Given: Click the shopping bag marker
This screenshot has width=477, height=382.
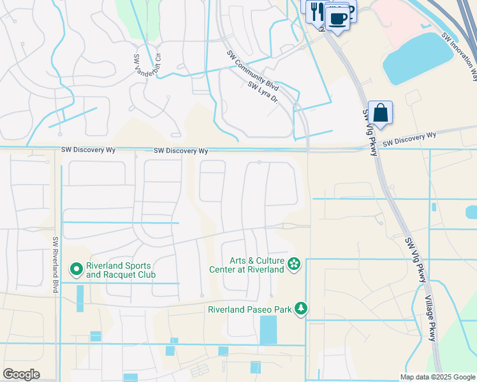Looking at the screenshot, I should coord(380,113).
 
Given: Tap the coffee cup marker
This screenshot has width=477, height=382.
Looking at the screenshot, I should coord(338,18).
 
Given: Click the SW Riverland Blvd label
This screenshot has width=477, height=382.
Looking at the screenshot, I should coord(56,265).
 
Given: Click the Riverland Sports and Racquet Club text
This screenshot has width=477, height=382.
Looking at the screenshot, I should coord(119,270).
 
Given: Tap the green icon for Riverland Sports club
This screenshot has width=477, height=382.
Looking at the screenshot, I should coord(77,270).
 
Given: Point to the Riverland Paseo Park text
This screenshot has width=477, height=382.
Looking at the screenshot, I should coord(249,310).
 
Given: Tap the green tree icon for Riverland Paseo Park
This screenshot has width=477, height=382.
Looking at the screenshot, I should coord(300,309).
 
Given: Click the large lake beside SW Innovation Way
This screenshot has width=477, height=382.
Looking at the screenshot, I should coord(418,59).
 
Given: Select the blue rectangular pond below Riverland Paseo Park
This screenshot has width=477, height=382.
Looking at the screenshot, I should coord(268,330).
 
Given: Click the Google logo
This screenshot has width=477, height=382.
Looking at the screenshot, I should coord(21,374).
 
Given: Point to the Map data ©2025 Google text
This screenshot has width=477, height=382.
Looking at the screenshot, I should coord(437,377).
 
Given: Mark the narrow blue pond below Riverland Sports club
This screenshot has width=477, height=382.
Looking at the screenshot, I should coord(80,298).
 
